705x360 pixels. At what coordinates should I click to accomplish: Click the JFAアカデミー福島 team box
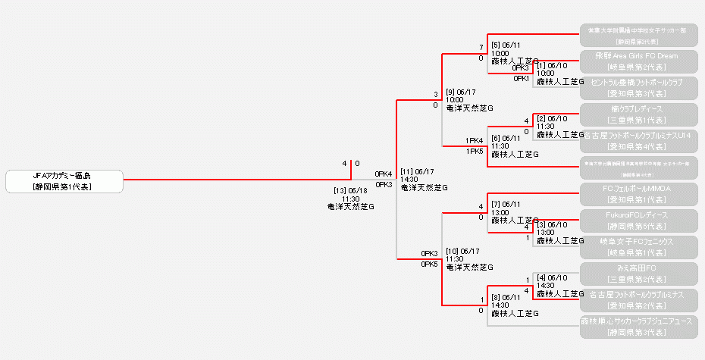[64, 180]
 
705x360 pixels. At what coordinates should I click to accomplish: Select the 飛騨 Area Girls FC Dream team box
[635, 61]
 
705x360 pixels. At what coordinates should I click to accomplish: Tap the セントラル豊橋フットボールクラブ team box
[635, 87]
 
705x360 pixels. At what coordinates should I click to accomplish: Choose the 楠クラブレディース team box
[635, 114]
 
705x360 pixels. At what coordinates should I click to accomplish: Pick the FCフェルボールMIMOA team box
[635, 193]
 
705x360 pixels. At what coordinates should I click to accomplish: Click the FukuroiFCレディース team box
[635, 220]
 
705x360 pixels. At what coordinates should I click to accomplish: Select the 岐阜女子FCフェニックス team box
[635, 246]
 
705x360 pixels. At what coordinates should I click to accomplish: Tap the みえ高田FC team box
[635, 273]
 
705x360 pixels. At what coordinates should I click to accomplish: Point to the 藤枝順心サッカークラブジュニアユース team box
[635, 326]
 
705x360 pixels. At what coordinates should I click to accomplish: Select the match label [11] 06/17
[417, 171]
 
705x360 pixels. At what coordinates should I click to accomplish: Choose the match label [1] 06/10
[552, 65]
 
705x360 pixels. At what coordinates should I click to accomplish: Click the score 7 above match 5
[481, 48]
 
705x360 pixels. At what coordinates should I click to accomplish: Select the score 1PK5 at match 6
[475, 151]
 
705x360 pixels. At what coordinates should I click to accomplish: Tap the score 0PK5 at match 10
[429, 265]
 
